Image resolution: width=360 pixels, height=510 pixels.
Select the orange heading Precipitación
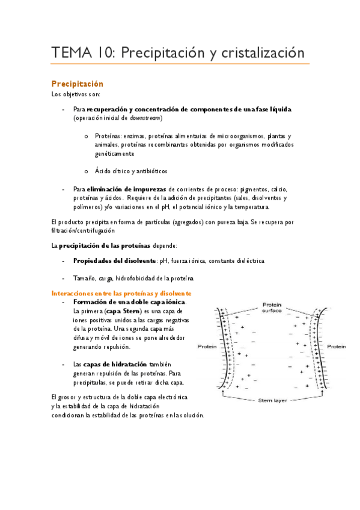tap(77, 84)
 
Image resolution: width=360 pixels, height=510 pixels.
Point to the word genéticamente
tap(114, 154)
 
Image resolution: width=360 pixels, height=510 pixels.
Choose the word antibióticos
tap(148, 171)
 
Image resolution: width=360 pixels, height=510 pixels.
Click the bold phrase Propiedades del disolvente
tap(114, 261)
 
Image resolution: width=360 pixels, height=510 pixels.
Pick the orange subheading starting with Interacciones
tap(121, 293)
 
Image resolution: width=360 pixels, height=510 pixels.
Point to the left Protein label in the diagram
tap(207, 347)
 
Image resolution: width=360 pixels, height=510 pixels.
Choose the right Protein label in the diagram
tap(337, 347)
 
